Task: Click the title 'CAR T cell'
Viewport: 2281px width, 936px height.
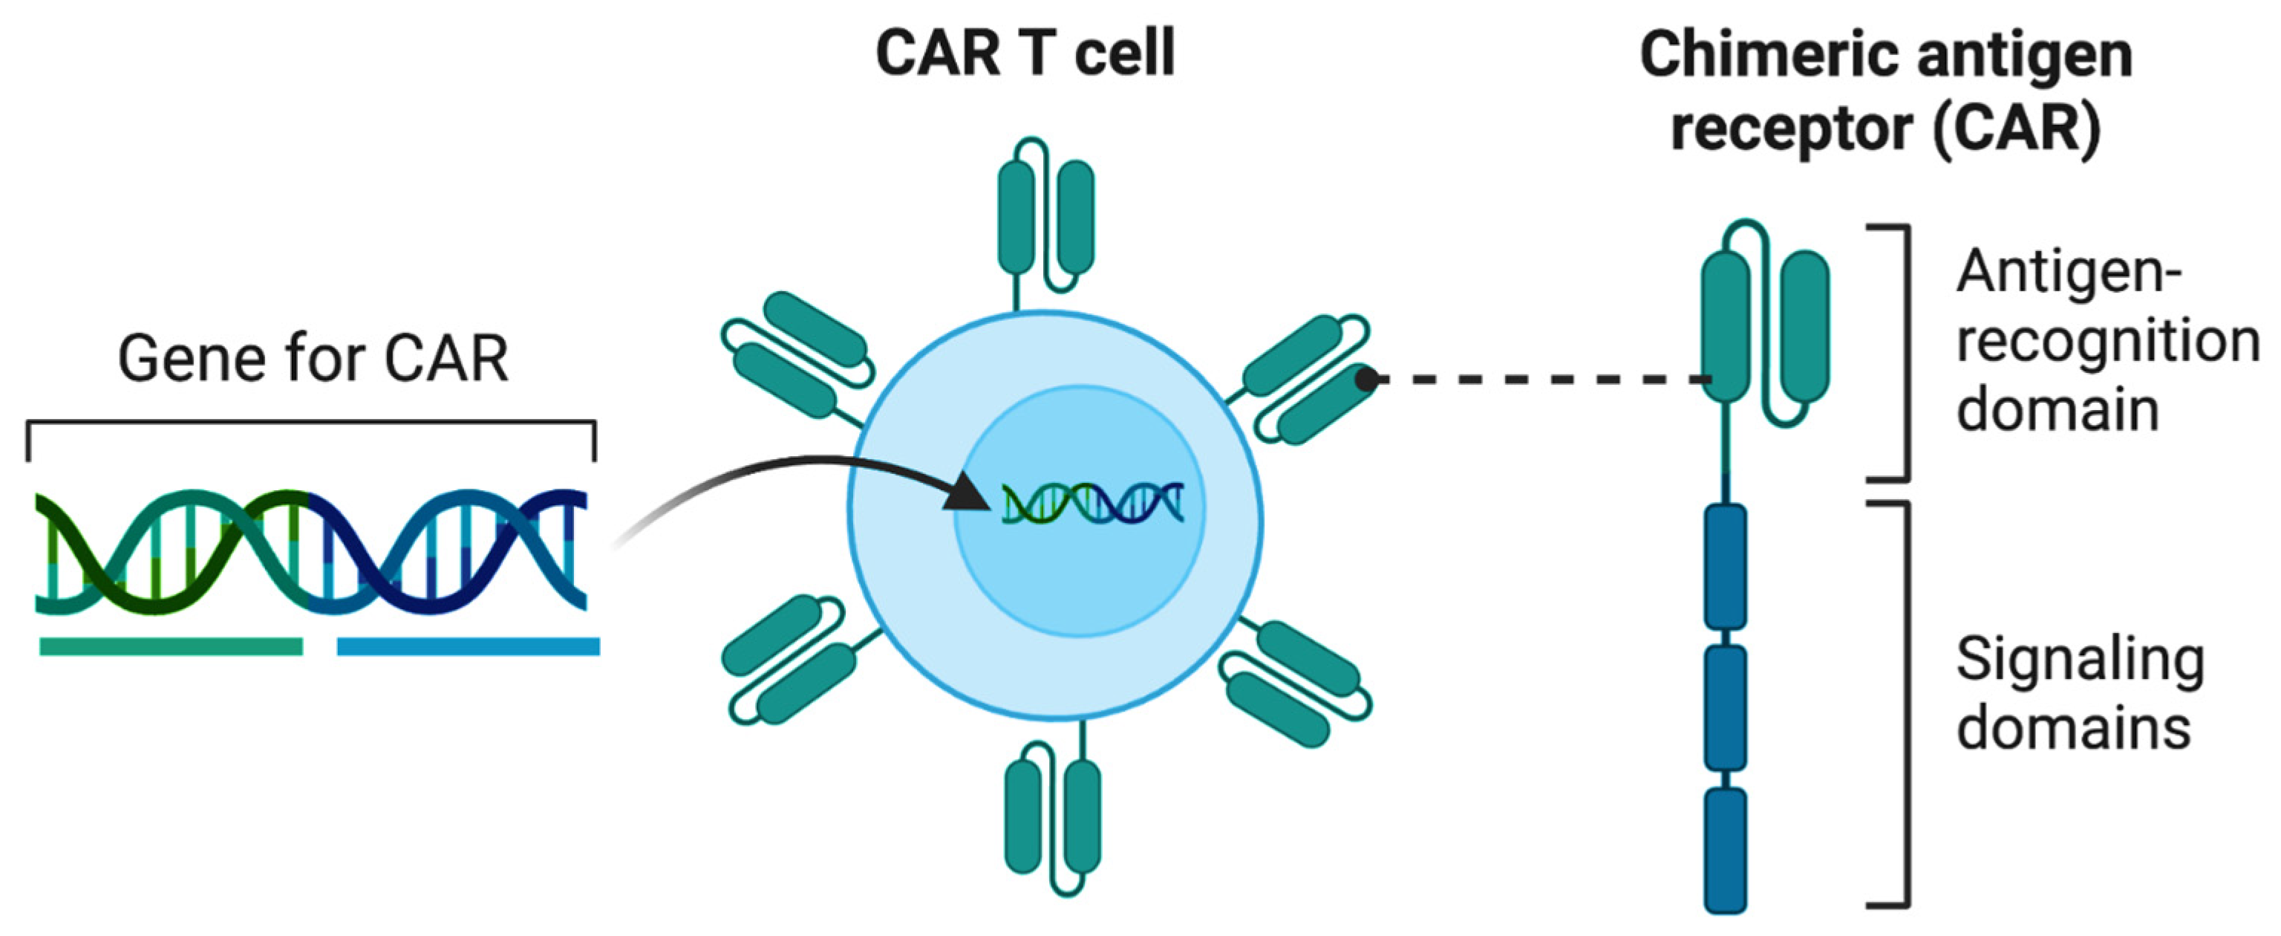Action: click(x=1025, y=53)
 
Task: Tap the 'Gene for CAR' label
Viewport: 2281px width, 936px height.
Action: click(x=313, y=359)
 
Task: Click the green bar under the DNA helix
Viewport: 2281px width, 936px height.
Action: click(x=171, y=646)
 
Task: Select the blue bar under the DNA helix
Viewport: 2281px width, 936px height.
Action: click(x=468, y=646)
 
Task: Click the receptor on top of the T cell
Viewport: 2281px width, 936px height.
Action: click(x=1045, y=217)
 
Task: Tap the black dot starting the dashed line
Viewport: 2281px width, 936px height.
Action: click(x=1367, y=380)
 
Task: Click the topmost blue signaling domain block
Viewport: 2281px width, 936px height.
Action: click(x=1725, y=567)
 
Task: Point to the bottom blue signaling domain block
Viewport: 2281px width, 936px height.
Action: click(x=1725, y=850)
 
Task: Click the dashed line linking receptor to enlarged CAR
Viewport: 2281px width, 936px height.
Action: click(x=1541, y=380)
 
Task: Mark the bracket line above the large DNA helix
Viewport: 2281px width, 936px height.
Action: click(x=310, y=423)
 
